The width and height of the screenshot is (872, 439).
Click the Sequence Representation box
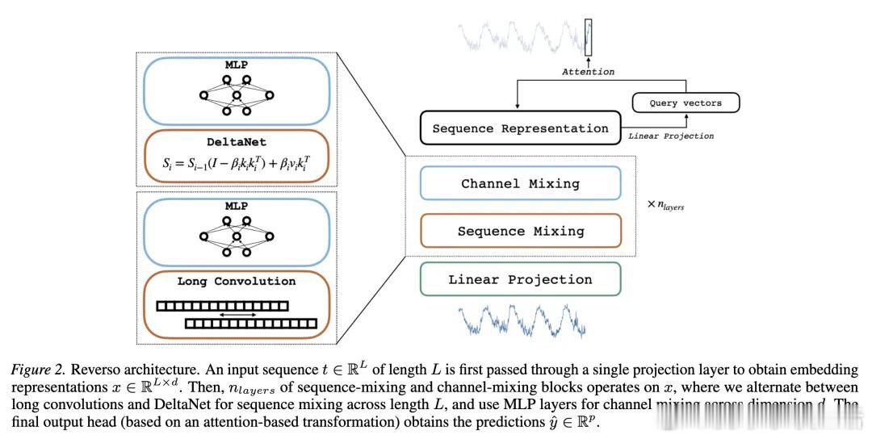tap(520, 128)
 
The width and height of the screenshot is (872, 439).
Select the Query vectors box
tap(685, 103)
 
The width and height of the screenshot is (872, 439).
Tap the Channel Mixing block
tap(520, 184)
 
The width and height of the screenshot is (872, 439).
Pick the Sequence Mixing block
tap(520, 231)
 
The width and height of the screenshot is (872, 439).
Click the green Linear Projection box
tap(520, 280)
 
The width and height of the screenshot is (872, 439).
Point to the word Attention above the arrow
tap(587, 72)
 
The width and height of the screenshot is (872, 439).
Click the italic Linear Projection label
tap(670, 136)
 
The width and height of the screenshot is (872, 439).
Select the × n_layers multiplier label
tap(665, 207)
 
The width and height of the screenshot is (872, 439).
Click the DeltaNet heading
tap(237, 141)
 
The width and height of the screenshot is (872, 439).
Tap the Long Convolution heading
tap(237, 282)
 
